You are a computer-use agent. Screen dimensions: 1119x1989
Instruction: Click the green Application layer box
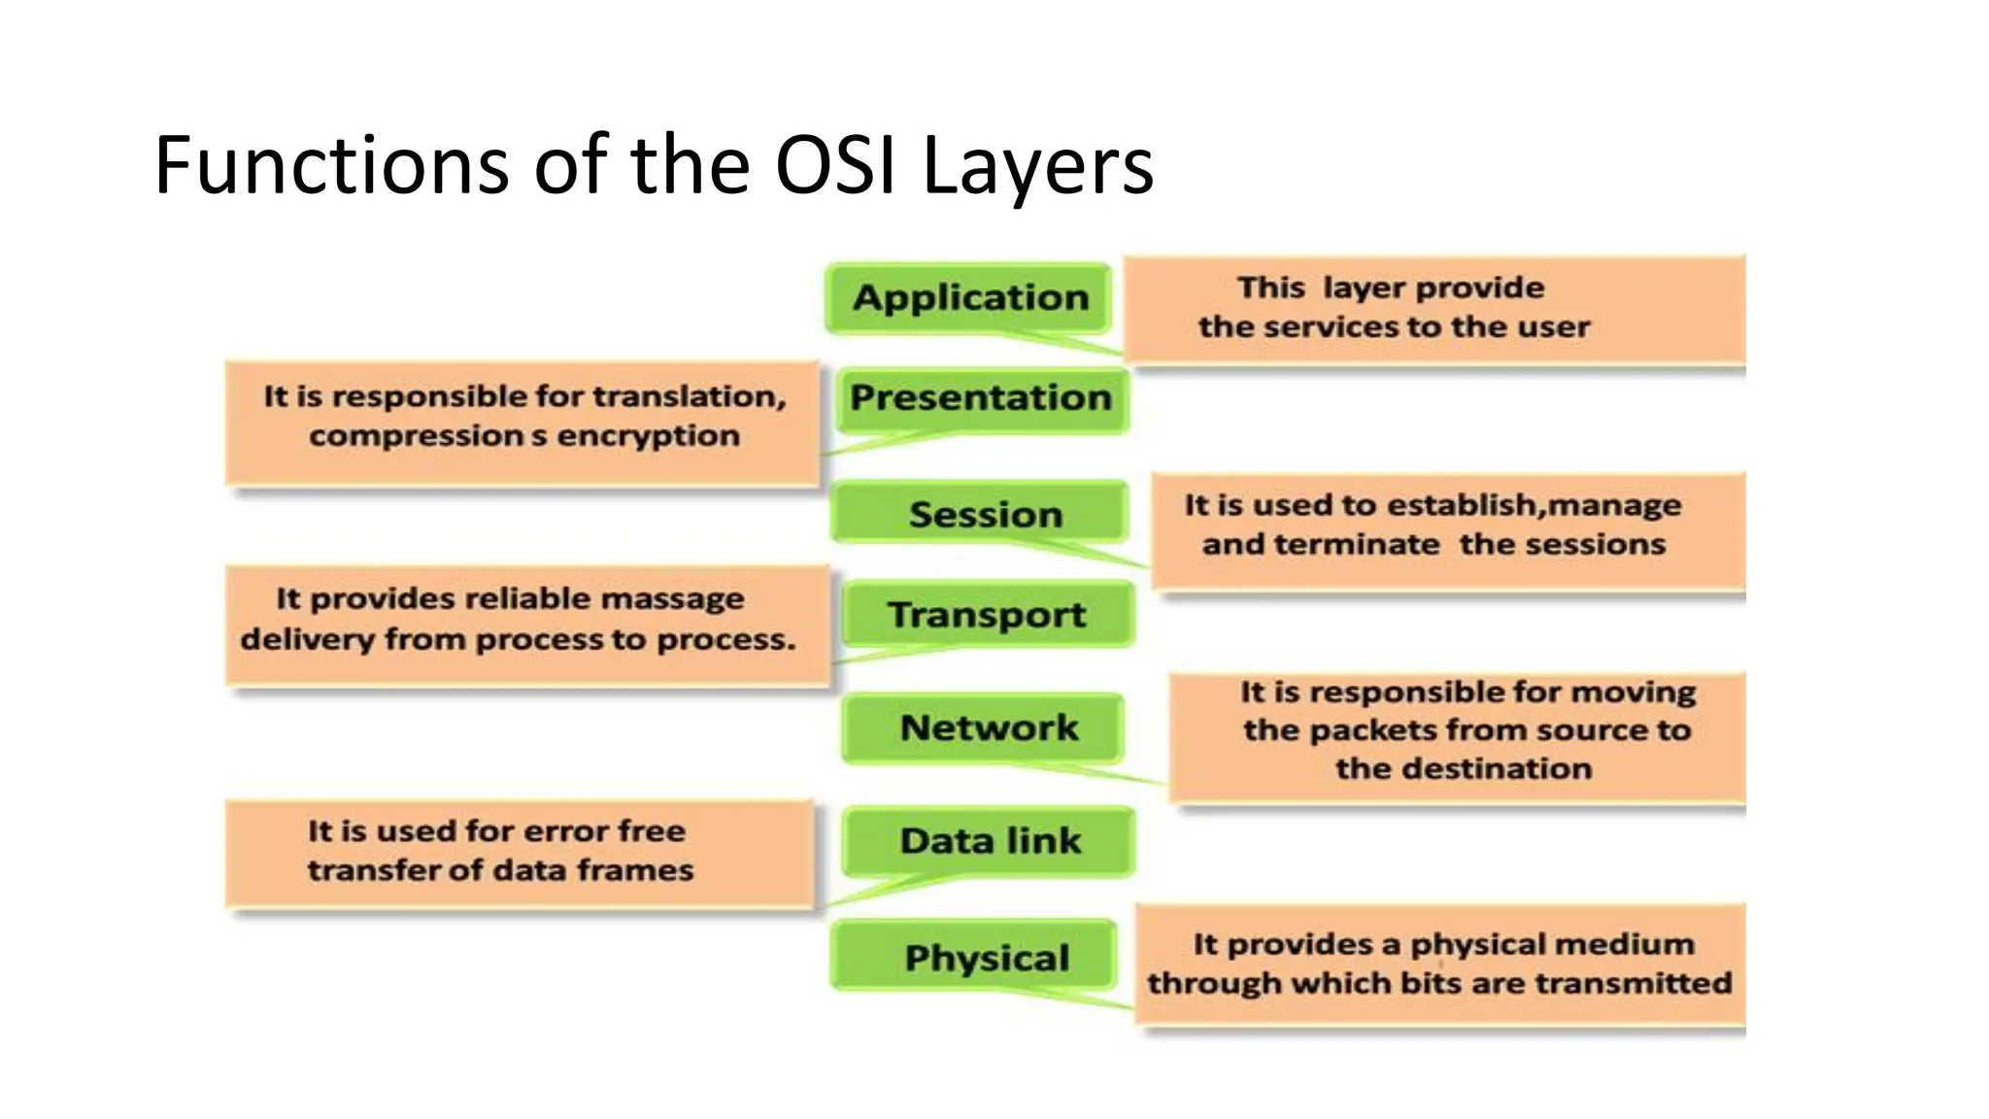tap(969, 297)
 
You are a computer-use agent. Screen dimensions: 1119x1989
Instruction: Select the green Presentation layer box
tap(981, 398)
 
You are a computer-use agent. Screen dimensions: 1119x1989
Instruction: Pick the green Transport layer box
tap(987, 614)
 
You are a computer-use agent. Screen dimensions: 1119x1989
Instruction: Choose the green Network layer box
tap(985, 728)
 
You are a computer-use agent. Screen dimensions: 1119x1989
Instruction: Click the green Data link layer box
tap(989, 840)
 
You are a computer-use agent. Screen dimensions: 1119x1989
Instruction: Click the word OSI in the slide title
tap(834, 165)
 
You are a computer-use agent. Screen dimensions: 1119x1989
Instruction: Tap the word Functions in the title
tap(331, 165)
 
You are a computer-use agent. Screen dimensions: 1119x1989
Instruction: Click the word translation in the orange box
tap(689, 396)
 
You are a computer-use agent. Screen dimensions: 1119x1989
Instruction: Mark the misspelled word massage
tap(672, 599)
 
